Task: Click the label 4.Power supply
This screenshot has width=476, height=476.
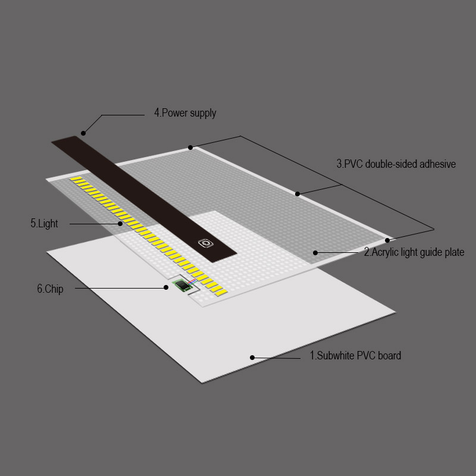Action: click(185, 113)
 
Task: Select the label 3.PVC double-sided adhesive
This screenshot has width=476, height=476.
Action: click(396, 164)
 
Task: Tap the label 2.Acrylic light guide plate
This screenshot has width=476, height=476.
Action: click(414, 252)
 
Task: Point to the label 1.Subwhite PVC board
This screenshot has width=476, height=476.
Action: click(355, 355)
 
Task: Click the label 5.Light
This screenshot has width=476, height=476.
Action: click(44, 224)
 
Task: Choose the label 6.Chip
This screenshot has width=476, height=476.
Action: click(50, 289)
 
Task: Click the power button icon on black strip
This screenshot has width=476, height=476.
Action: click(205, 243)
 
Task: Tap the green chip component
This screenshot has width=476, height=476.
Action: click(181, 286)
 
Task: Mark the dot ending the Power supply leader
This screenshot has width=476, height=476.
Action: click(83, 133)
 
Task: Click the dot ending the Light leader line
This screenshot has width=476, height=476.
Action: click(120, 224)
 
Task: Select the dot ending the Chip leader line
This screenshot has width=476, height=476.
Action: click(166, 287)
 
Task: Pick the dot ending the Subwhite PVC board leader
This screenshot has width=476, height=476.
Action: click(252, 358)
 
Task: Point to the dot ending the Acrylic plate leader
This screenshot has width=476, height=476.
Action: click(315, 252)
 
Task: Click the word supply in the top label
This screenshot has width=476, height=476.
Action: click(202, 114)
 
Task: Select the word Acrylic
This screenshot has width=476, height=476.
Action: click(384, 252)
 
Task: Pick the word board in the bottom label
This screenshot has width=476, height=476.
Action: click(390, 355)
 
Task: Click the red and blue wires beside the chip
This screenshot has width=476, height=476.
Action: click(192, 281)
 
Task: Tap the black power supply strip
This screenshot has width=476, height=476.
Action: click(144, 199)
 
